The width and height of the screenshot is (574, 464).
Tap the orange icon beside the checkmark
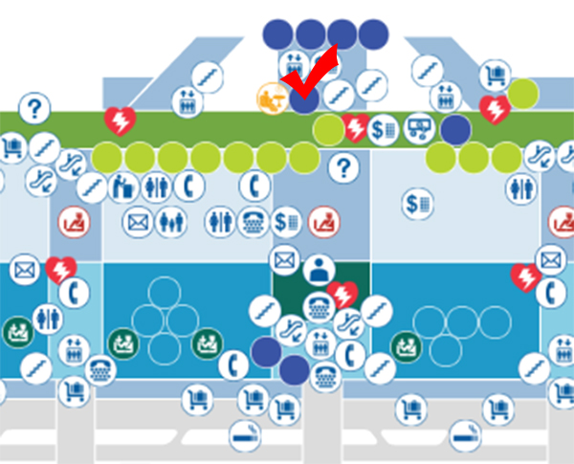272,96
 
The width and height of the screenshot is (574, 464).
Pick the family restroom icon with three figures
169,222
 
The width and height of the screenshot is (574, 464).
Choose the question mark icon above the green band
33,107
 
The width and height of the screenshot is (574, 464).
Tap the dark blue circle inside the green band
455,129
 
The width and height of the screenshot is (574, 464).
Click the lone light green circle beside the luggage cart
522,93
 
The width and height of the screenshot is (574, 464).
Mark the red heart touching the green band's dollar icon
357,128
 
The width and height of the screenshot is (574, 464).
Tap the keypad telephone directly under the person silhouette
317,306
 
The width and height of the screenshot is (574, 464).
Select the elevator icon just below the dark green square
323,342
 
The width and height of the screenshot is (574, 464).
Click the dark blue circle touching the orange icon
303,99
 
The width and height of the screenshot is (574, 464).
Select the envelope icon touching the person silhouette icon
284,259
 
